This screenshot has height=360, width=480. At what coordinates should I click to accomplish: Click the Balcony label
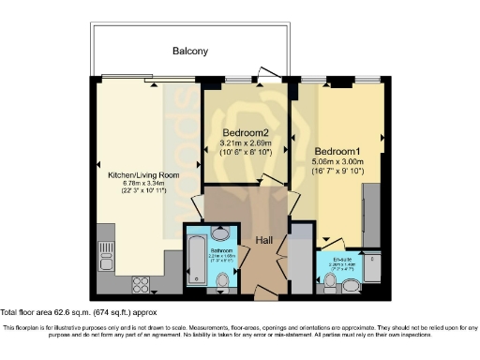click(x=189, y=51)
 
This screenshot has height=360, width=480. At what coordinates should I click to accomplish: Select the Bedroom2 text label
click(x=247, y=132)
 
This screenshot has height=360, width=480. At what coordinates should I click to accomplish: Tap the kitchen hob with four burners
click(x=139, y=282)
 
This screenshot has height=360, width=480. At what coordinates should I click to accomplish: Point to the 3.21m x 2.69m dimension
click(x=247, y=142)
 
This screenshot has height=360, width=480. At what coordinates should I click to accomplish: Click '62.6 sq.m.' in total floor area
click(x=82, y=311)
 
